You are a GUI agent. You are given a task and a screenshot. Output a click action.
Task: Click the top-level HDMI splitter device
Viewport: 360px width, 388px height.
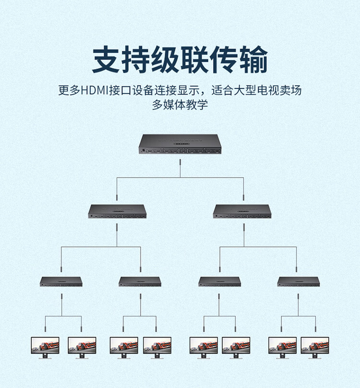tap(180, 145)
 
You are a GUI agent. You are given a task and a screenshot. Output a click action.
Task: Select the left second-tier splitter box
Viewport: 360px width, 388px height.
tap(117, 212)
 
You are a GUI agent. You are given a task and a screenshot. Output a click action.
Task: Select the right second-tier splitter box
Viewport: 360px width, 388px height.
tap(242, 212)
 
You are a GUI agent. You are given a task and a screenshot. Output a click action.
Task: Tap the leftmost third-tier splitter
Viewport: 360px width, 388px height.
tap(61, 281)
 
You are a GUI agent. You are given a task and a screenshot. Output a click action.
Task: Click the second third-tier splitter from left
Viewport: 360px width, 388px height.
tap(140, 281)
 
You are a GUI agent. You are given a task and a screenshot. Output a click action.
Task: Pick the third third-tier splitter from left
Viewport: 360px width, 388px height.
tap(220, 281)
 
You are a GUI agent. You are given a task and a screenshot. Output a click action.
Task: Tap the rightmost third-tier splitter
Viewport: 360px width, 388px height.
tap(299, 281)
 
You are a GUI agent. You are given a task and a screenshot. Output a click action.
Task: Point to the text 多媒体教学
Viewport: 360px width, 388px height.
tap(180, 105)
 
